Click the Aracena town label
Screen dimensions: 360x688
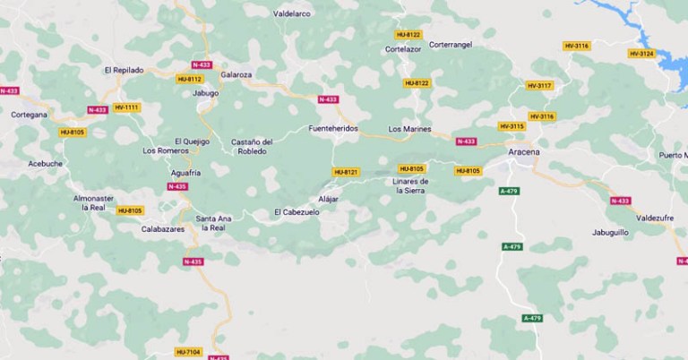(523, 153)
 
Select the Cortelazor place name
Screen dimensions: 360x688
(402, 49)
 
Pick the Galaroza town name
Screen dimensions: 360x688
(236, 75)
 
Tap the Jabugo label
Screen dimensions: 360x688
(206, 92)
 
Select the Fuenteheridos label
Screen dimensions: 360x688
(332, 128)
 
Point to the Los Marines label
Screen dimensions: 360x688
(409, 129)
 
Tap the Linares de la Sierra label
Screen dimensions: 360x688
(411, 185)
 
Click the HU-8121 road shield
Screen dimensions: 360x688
(345, 172)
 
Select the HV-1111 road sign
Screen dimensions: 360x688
(127, 107)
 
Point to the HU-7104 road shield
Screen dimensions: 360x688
(189, 351)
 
